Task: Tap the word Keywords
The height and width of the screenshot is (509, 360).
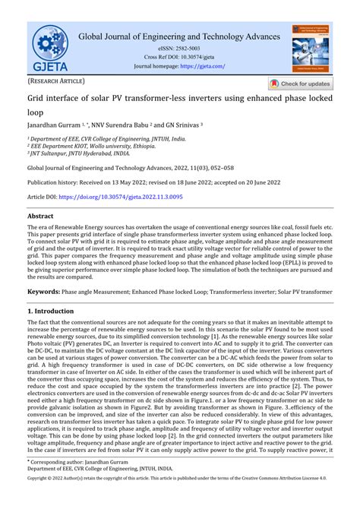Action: tap(44, 292)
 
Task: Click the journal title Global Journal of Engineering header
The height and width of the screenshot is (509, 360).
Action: tap(179, 36)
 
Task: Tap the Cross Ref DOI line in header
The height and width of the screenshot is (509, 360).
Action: tap(179, 58)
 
